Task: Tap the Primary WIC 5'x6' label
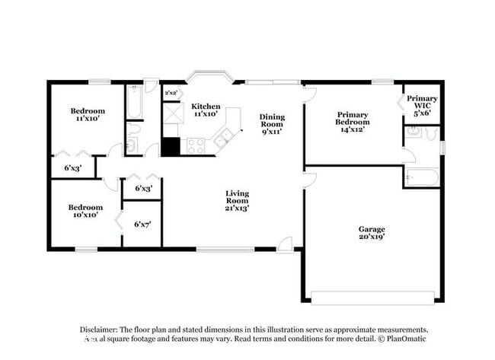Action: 421,104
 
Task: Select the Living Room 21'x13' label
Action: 237,200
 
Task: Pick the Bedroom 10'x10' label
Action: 85,211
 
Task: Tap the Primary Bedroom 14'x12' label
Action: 353,122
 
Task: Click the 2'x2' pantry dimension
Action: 171,93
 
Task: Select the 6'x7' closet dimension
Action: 142,224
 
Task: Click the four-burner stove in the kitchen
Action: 196,145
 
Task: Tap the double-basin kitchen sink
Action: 225,139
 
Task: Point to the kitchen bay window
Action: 209,78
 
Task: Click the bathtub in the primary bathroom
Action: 421,178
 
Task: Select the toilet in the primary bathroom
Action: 432,134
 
